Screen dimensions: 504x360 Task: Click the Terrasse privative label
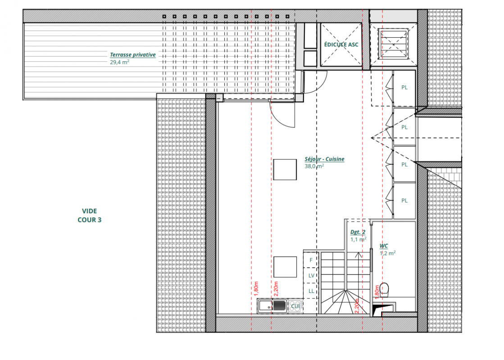pos(133,55)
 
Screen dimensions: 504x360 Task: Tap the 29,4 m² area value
pos(119,62)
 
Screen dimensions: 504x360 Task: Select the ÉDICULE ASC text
pos(341,45)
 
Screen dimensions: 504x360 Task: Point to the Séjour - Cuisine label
pos(325,159)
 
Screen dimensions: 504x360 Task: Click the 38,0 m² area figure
pos(314,166)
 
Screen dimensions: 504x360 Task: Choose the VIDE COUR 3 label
pos(89,216)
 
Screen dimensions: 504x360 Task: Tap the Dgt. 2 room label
pos(358,232)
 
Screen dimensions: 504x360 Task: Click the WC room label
pos(384,246)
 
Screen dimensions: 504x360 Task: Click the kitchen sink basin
pos(265,306)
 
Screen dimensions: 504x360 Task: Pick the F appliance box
pos(311,260)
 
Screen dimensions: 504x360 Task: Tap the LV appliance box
pos(311,275)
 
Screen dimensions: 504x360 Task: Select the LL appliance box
pos(311,291)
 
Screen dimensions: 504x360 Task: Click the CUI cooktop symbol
pos(295,306)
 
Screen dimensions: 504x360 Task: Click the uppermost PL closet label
pos(404,87)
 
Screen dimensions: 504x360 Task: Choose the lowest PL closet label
pos(404,201)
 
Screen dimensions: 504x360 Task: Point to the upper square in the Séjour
pos(285,170)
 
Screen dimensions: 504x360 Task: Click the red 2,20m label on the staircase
pos(356,306)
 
